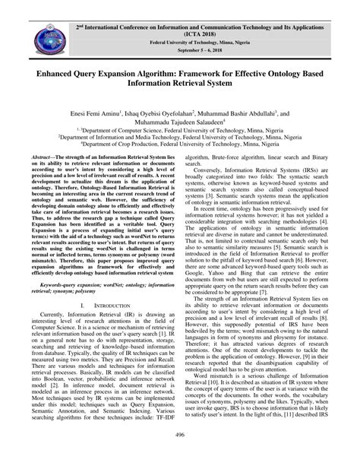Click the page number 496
pyautogui.click(x=180, y=455)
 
